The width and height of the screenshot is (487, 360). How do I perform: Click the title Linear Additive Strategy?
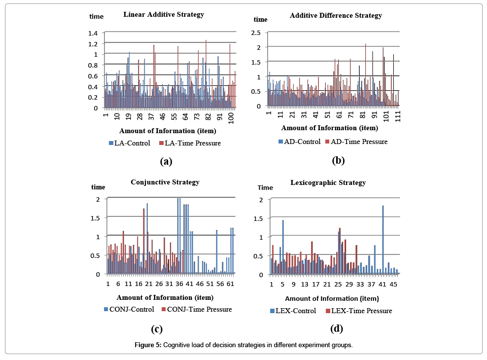click(x=163, y=14)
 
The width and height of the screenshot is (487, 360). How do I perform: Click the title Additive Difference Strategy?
click(x=336, y=15)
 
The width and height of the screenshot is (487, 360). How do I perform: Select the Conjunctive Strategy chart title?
click(x=165, y=182)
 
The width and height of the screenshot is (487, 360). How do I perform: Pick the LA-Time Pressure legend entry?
click(x=190, y=143)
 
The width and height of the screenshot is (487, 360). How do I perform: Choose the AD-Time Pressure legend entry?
click(x=356, y=142)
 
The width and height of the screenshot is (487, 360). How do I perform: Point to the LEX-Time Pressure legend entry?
click(x=359, y=311)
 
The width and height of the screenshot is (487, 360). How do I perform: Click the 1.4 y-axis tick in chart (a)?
click(x=93, y=33)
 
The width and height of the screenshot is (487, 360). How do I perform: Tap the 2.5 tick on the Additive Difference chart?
click(x=256, y=33)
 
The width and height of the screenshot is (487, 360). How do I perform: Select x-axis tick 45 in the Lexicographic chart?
click(x=393, y=285)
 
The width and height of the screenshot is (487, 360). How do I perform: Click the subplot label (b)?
click(x=338, y=160)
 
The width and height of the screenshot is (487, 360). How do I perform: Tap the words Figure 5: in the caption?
click(x=148, y=345)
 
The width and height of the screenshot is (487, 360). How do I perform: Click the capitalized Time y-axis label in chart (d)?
click(x=265, y=187)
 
